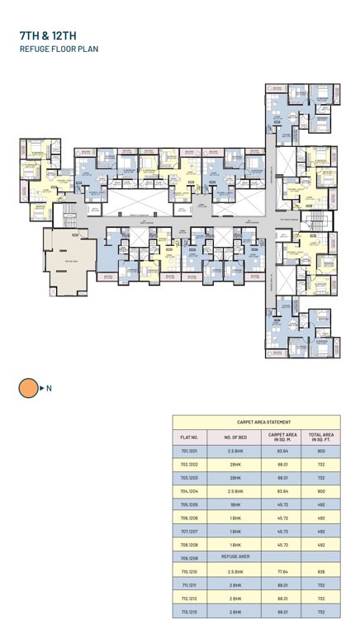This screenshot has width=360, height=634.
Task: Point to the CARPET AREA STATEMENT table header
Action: [x=256, y=421]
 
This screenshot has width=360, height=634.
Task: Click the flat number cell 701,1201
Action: [x=189, y=452]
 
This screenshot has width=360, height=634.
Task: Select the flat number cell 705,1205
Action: [x=189, y=504]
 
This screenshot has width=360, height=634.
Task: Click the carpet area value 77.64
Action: [x=282, y=570]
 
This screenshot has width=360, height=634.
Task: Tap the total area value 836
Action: [x=321, y=570]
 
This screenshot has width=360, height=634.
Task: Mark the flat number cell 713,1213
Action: [x=189, y=611]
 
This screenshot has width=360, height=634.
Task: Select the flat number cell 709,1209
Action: [x=189, y=557]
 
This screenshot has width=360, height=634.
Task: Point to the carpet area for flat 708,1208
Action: [x=282, y=544]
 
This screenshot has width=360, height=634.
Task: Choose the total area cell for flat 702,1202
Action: [x=321, y=465]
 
